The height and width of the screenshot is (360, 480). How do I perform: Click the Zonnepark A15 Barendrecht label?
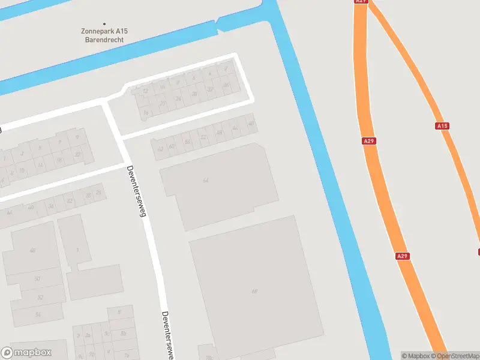tap(104, 35)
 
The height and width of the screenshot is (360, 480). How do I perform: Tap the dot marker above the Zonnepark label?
tap(104, 24)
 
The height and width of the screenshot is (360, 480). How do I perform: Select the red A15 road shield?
tap(442, 126)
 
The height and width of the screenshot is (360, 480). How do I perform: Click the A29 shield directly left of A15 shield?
tap(370, 141)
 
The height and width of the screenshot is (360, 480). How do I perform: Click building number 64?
tap(206, 180)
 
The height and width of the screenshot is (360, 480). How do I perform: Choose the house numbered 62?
tap(160, 149)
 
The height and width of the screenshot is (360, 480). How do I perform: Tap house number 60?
tap(172, 146)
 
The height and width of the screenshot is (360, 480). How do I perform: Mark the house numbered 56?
tap(188, 142)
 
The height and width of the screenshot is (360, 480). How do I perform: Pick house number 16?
tap(145, 112)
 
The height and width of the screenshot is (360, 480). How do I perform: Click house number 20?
tap(162, 103)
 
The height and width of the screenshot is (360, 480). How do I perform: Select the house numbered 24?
tap(178, 98)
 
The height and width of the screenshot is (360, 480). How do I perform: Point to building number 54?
tap(38, 314)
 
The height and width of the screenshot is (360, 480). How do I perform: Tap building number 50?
tap(37, 279)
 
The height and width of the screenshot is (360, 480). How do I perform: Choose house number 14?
tap(40, 165)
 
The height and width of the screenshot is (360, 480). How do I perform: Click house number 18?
tap(59, 160)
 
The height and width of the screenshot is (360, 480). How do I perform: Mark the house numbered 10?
tap(22, 170)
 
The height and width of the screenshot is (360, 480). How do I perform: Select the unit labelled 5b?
tap(124, 333)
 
